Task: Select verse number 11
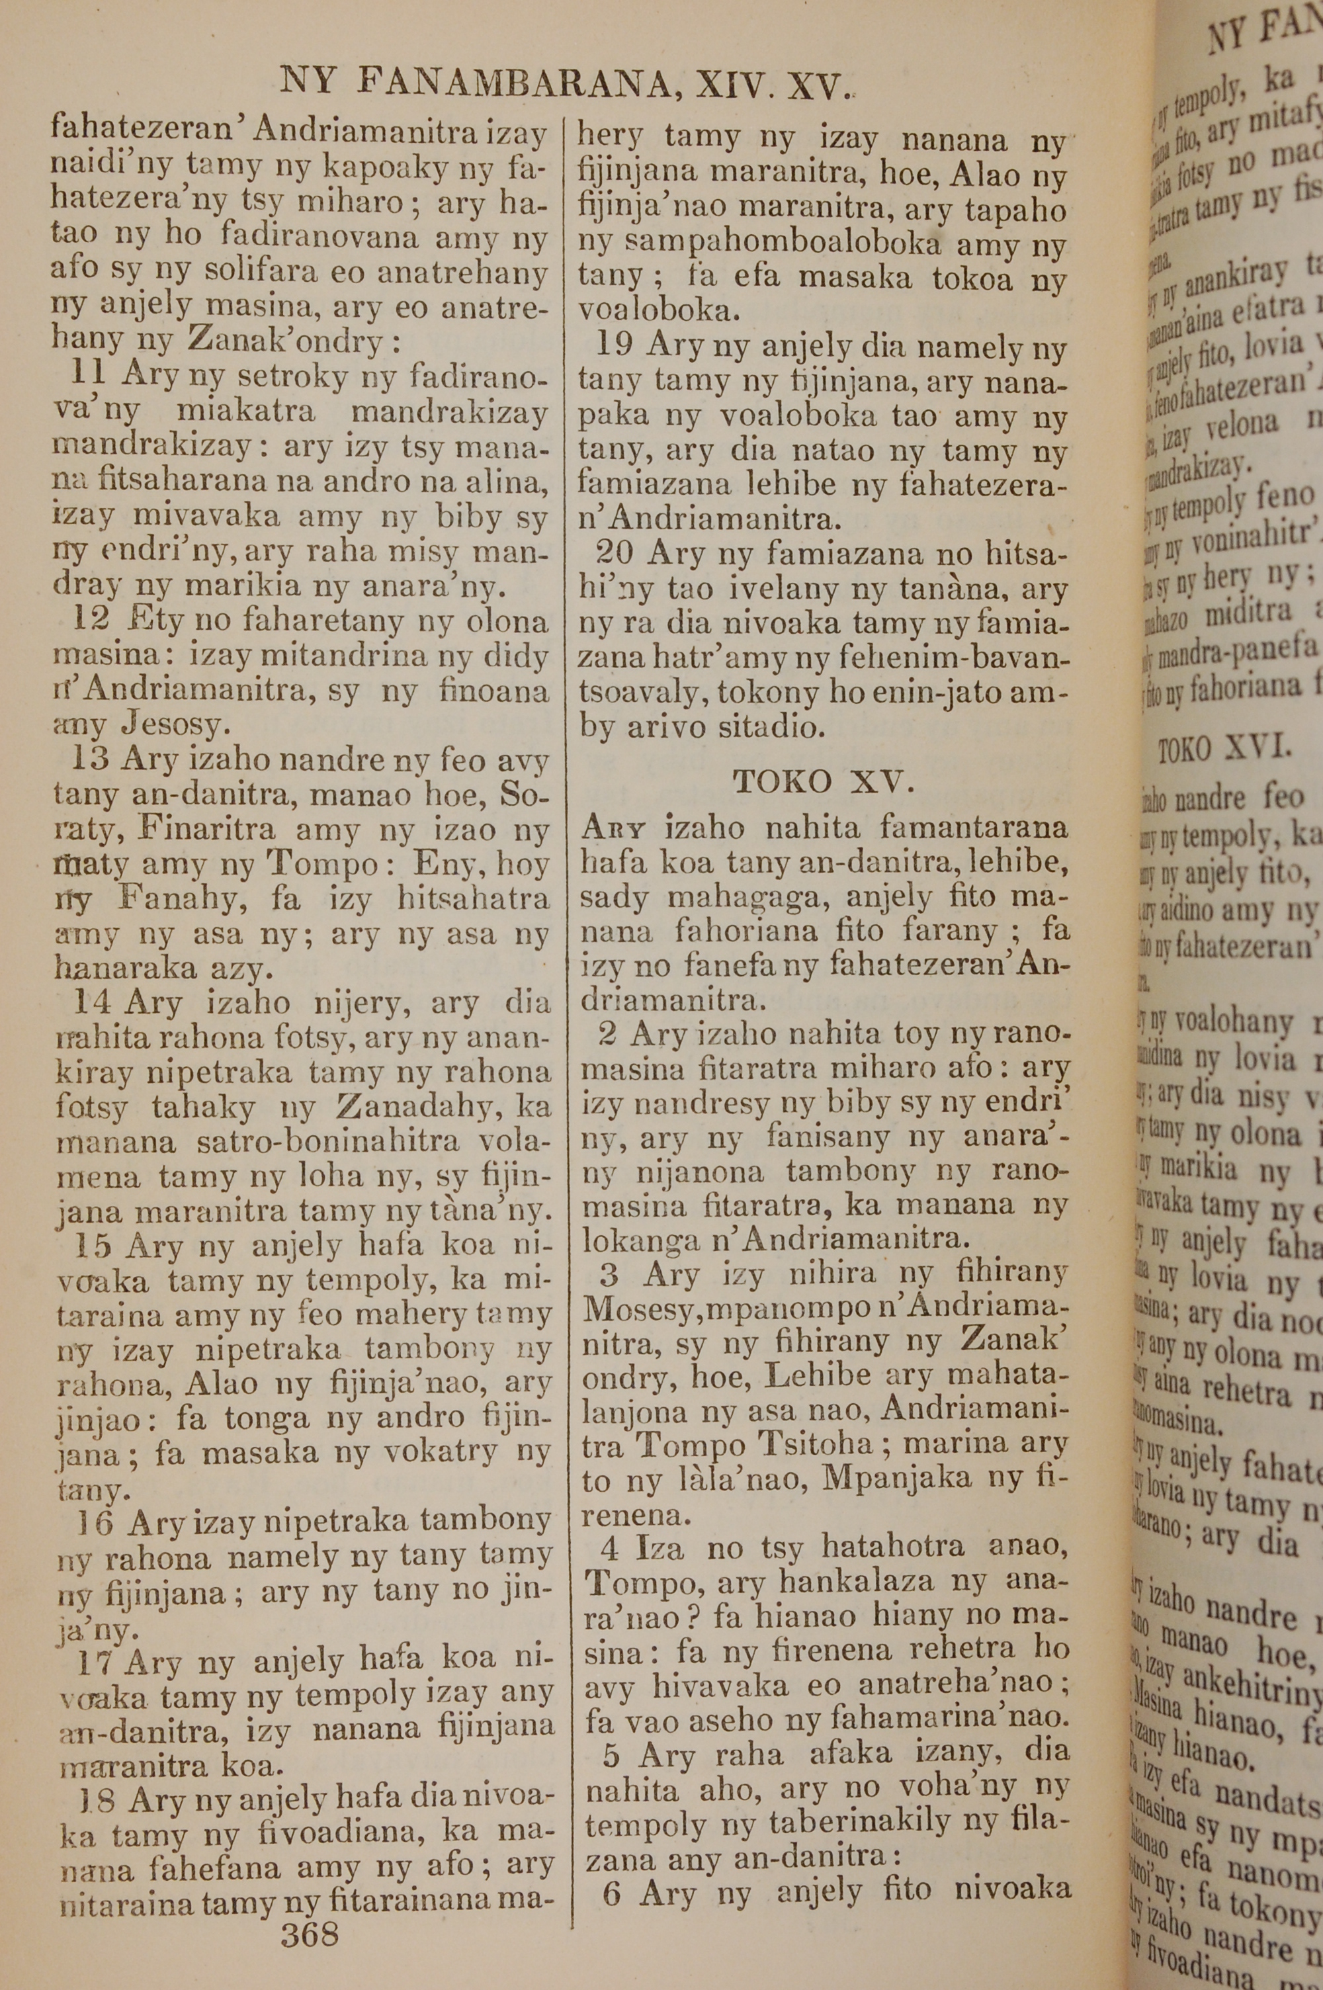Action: (88, 373)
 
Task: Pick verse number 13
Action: (90, 759)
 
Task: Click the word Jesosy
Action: (175, 724)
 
